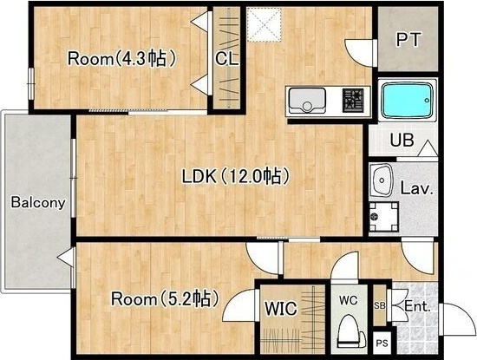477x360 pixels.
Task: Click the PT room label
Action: [408, 39]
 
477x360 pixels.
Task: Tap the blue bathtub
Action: [408, 100]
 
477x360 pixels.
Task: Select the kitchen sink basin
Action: [307, 100]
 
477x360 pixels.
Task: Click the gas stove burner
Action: [353, 100]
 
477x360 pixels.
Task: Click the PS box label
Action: [382, 344]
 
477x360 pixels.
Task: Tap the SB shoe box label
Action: [379, 306]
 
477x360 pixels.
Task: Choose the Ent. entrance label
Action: [417, 307]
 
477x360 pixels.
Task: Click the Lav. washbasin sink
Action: [382, 181]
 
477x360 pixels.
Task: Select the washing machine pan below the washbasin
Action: [383, 217]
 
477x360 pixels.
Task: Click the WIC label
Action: [280, 309]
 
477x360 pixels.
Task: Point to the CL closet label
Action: [227, 59]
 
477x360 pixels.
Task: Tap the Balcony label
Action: [38, 202]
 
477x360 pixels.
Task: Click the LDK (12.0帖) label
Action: [234, 176]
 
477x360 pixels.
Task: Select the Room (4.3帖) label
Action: [121, 58]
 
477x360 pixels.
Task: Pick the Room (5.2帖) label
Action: [165, 298]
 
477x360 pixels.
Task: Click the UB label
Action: [402, 141]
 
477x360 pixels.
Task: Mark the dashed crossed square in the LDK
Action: [263, 24]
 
